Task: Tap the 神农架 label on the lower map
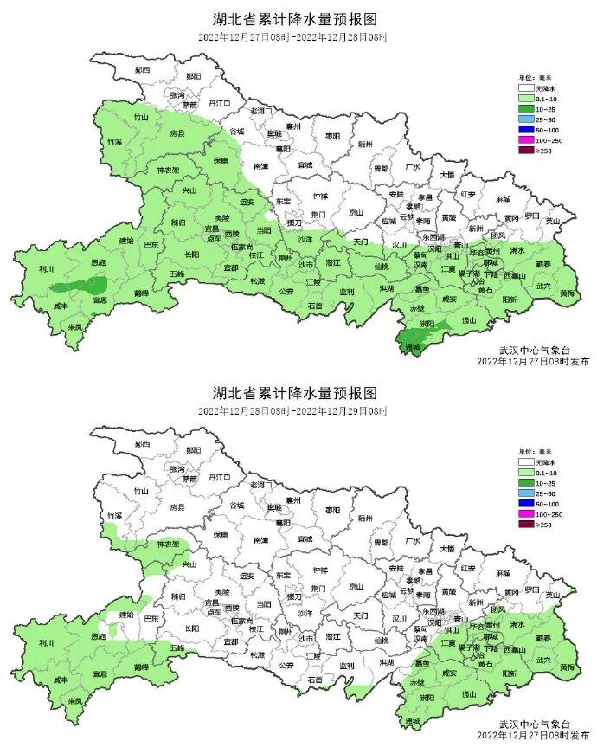[x=167, y=545]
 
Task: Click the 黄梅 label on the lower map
[x=566, y=667]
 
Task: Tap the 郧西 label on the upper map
[x=143, y=68]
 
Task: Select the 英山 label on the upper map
[x=553, y=221]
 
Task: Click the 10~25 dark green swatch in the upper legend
[x=525, y=108]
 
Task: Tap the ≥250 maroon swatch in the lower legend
[x=525, y=525]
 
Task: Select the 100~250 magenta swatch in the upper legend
[x=525, y=139]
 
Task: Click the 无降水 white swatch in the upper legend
[x=525, y=87]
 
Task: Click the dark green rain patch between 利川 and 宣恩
[x=79, y=285]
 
